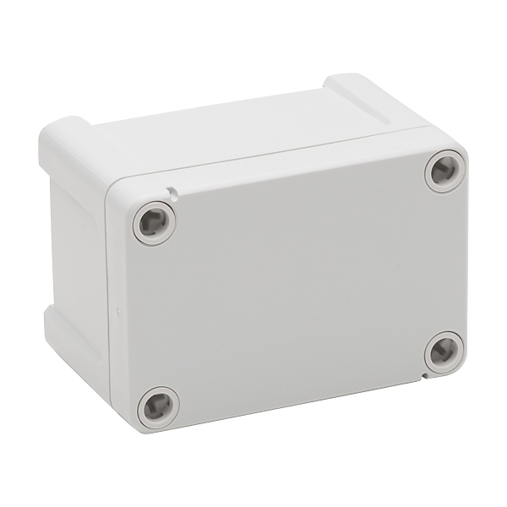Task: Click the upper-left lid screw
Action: tap(154, 223)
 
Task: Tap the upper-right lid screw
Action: tap(444, 172)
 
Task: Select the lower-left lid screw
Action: tap(158, 408)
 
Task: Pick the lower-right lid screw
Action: tap(444, 352)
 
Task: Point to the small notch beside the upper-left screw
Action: tap(172, 193)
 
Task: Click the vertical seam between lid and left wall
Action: tap(108, 296)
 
